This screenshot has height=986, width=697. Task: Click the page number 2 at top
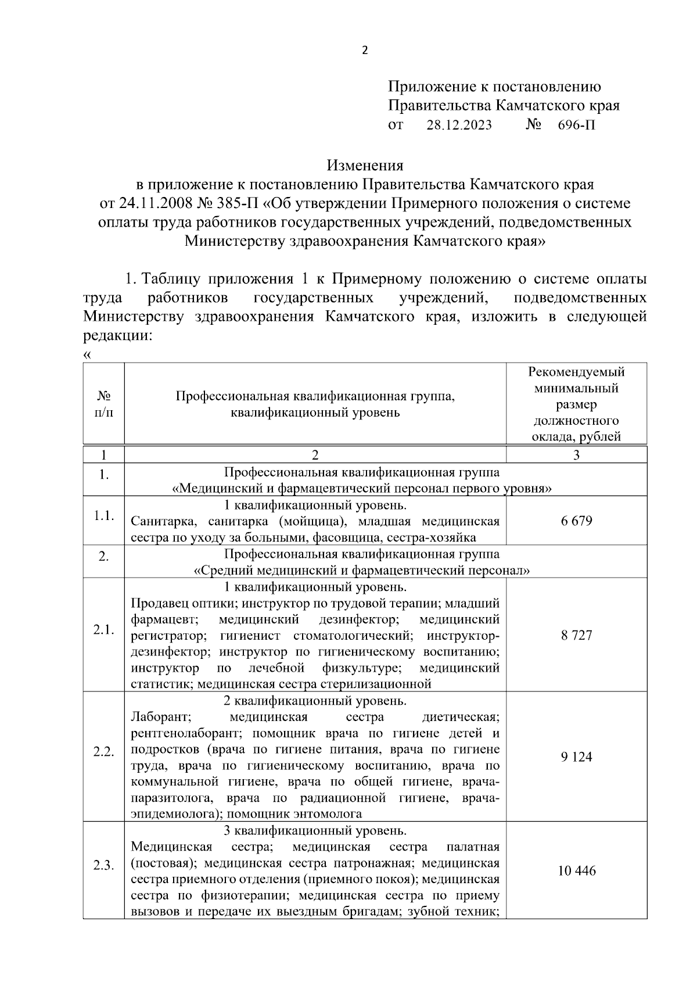pyautogui.click(x=365, y=51)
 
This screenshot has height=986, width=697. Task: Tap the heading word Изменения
pyautogui.click(x=365, y=166)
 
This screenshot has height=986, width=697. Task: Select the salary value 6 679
pyautogui.click(x=576, y=521)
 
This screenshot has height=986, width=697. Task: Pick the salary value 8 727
pyautogui.click(x=576, y=635)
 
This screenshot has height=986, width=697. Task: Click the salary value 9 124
pyautogui.click(x=576, y=757)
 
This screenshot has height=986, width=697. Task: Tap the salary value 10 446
pyautogui.click(x=576, y=871)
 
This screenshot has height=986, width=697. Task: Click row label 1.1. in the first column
pyautogui.click(x=104, y=516)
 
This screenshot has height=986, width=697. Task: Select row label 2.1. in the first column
pyautogui.click(x=104, y=630)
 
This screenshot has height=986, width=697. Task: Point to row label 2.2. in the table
pyautogui.click(x=104, y=752)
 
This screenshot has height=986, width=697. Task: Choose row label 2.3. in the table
pyautogui.click(x=104, y=866)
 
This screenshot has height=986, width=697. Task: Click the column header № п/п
pyautogui.click(x=104, y=404)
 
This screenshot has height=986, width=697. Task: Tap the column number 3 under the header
pyautogui.click(x=576, y=455)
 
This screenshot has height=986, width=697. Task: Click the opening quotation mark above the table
pyautogui.click(x=87, y=354)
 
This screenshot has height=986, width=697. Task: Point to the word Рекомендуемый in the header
pyautogui.click(x=576, y=372)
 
